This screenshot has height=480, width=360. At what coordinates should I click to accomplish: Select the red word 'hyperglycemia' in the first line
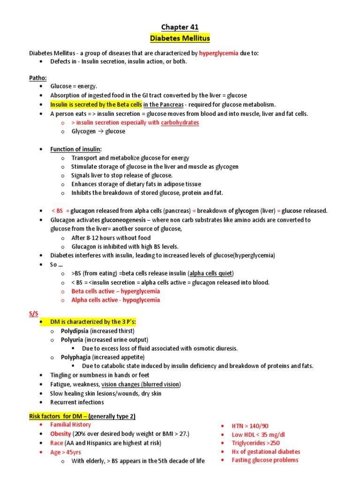tap(218, 53)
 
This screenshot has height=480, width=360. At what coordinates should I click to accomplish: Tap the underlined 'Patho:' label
tap(37, 77)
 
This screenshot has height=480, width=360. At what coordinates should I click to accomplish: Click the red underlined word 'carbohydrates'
tap(180, 122)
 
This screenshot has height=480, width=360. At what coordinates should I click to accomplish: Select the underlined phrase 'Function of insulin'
tap(75, 149)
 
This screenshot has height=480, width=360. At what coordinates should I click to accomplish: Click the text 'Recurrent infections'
tap(77, 402)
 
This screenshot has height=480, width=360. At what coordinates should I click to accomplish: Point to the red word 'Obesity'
tap(60, 434)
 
